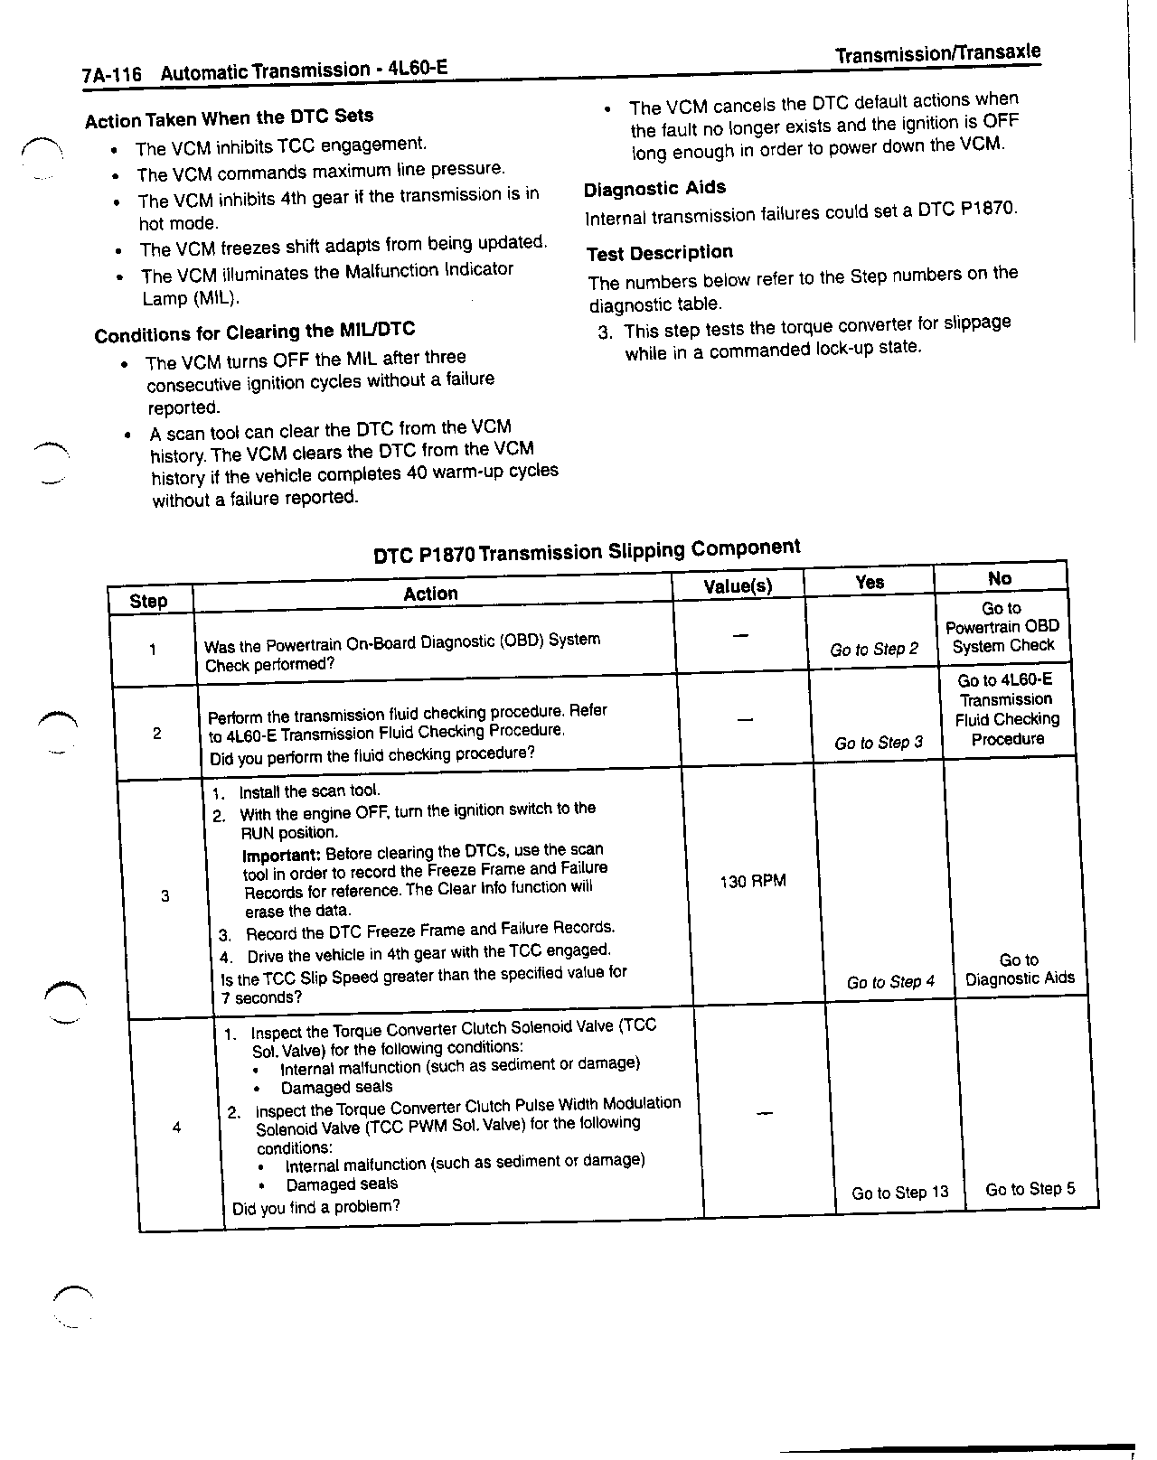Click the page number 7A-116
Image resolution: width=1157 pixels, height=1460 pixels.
(x=112, y=75)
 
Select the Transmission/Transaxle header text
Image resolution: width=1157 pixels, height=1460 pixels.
(x=937, y=53)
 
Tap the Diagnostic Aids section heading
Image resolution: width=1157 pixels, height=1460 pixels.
(x=654, y=189)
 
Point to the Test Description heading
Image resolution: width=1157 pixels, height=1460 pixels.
(x=659, y=253)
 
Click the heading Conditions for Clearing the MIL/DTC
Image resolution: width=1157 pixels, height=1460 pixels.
(x=254, y=332)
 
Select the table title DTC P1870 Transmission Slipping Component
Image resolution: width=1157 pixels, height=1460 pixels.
(x=587, y=550)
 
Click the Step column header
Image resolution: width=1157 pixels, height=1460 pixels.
(x=148, y=601)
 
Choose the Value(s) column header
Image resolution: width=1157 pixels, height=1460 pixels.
(x=738, y=586)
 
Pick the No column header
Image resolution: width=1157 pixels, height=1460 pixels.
(x=1000, y=578)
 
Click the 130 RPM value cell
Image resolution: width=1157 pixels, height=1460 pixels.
(x=753, y=881)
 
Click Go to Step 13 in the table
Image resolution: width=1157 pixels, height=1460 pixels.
(x=900, y=1193)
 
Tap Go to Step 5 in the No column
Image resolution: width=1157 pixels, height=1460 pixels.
(x=1030, y=1189)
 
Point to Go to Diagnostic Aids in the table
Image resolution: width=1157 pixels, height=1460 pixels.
(x=1020, y=969)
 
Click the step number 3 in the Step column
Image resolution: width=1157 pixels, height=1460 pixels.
(x=165, y=896)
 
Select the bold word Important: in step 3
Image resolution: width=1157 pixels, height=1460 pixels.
(x=281, y=855)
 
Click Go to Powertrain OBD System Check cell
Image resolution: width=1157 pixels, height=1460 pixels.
(x=1002, y=627)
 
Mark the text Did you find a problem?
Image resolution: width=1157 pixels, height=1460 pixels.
(x=315, y=1207)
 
